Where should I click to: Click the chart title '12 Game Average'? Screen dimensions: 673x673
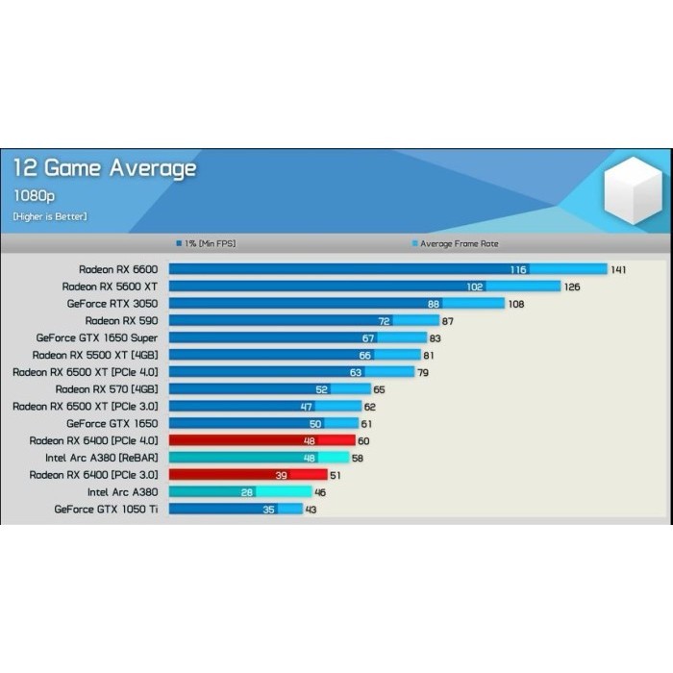104,169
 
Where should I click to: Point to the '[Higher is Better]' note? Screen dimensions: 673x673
50,216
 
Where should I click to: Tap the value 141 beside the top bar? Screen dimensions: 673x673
618,270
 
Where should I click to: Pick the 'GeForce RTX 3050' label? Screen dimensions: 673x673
113,303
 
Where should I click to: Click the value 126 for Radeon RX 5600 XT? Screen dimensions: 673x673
572,287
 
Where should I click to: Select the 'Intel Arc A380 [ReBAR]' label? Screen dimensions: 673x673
101,458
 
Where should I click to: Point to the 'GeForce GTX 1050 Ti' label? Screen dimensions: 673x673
107,509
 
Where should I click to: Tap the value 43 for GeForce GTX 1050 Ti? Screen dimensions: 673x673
311,510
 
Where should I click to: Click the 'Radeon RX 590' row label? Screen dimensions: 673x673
122,320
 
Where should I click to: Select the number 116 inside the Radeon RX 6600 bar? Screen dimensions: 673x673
518,270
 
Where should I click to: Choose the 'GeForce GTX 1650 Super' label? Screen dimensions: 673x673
97,337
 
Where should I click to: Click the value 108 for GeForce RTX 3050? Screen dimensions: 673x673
515,304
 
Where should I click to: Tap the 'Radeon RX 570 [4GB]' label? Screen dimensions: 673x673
107,389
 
